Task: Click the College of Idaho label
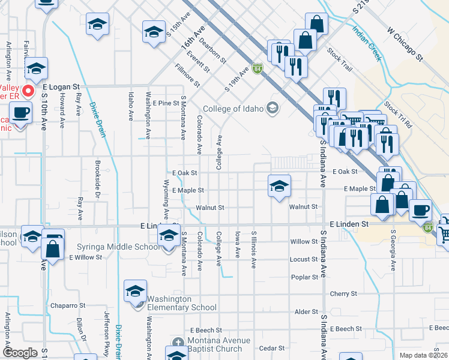(x=233, y=109)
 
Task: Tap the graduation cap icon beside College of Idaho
(x=273, y=109)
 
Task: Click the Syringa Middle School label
(x=119, y=247)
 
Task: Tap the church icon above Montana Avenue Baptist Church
(x=176, y=343)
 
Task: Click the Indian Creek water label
(x=367, y=44)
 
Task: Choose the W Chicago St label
(x=405, y=45)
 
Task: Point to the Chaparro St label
(x=68, y=305)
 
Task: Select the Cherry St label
(x=343, y=294)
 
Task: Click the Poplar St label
(x=304, y=277)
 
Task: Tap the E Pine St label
(x=166, y=103)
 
